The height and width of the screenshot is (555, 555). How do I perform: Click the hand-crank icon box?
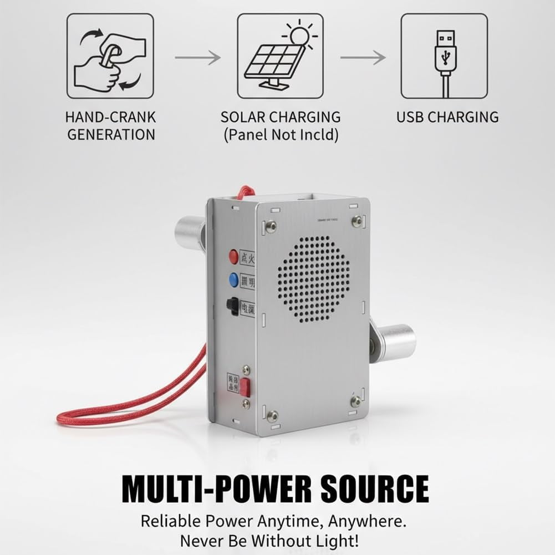coord(110,56)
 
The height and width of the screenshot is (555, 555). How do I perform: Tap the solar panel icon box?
coord(281,56)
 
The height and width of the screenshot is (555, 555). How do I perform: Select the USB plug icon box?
coord(444,56)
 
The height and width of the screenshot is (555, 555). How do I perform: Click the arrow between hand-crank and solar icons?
coord(197,57)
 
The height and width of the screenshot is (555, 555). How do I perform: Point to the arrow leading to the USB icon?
coord(363,57)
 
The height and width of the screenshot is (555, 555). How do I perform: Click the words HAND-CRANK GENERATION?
coord(110,126)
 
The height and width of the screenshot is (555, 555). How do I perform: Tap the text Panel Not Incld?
coord(281,135)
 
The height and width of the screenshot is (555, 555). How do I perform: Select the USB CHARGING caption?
coord(447,117)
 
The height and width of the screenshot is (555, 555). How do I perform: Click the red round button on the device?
coord(233,256)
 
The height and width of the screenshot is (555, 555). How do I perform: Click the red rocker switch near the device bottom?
coord(245,387)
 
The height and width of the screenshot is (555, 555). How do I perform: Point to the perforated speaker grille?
coord(313,279)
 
